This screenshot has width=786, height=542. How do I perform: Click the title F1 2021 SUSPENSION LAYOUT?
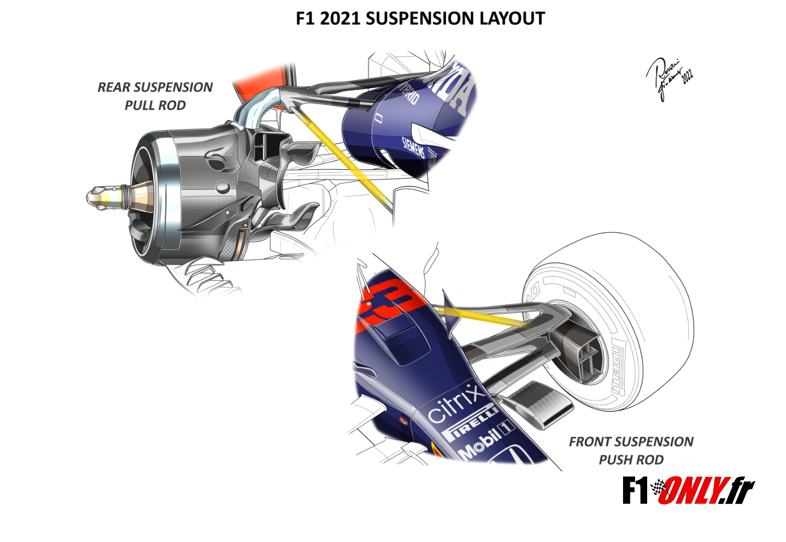click(x=420, y=19)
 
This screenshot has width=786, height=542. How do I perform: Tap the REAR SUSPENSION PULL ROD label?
click(x=155, y=96)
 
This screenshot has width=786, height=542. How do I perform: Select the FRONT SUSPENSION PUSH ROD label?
click(x=631, y=451)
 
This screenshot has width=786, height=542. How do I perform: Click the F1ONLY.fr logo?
click(x=688, y=491)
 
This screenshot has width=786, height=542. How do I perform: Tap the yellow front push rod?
click(x=487, y=316)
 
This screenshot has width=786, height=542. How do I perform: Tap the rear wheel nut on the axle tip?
click(x=102, y=198)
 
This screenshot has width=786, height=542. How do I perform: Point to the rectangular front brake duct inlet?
click(x=587, y=356)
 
